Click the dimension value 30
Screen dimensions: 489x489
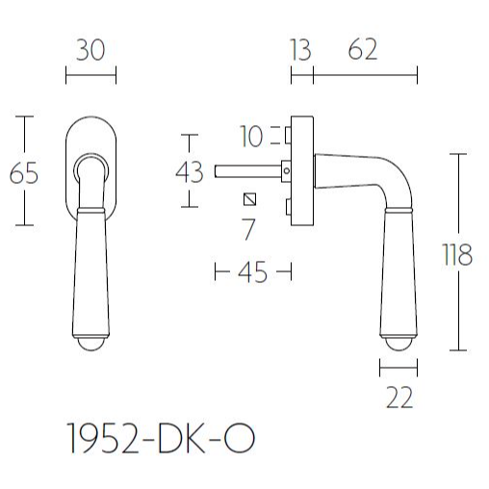click(90, 51)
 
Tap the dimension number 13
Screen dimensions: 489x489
click(301, 51)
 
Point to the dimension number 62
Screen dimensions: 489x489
click(362, 51)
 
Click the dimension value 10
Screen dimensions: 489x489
click(252, 138)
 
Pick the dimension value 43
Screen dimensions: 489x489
click(190, 173)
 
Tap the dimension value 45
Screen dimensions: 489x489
click(251, 274)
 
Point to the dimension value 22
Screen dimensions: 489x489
click(398, 397)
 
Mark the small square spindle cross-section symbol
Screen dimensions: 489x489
click(251, 200)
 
